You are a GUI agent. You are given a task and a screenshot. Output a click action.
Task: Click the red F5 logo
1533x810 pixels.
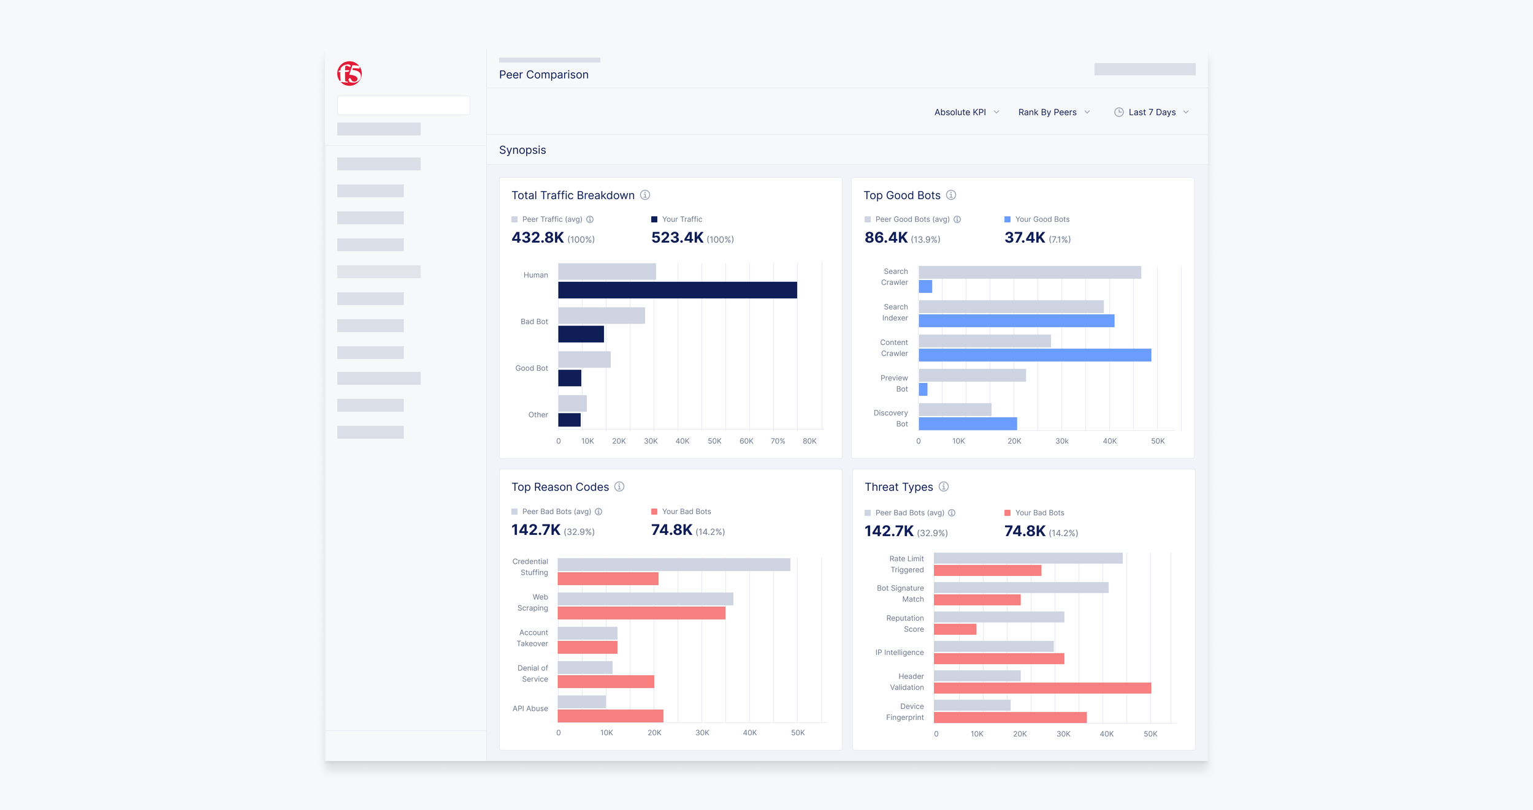pyautogui.click(x=350, y=74)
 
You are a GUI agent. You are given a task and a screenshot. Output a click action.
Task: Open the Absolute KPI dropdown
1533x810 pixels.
pyautogui.click(x=966, y=112)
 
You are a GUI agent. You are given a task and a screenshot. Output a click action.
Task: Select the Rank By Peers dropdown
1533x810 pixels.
pyautogui.click(x=1054, y=112)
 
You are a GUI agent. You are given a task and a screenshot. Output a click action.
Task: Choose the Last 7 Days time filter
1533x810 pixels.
pyautogui.click(x=1152, y=112)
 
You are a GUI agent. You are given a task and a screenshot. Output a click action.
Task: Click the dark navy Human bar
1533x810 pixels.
pyautogui.click(x=678, y=290)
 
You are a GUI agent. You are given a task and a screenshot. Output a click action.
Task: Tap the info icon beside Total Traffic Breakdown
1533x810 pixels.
pyautogui.click(x=645, y=195)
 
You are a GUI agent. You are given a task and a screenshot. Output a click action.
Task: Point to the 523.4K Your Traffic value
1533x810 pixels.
pyautogui.click(x=677, y=238)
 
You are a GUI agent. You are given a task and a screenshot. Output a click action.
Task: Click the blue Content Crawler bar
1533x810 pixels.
pyautogui.click(x=1035, y=355)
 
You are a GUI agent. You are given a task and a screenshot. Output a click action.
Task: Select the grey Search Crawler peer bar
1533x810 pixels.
pyautogui.click(x=1030, y=272)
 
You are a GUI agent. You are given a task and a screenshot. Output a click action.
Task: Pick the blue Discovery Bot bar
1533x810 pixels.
pyautogui.click(x=968, y=423)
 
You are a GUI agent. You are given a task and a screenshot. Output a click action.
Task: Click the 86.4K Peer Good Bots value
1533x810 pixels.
pyautogui.click(x=886, y=238)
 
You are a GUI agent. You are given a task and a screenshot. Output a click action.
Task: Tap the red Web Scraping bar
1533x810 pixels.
pyautogui.click(x=641, y=613)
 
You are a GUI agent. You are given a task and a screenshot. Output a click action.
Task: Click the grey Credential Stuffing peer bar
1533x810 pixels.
pyautogui.click(x=674, y=564)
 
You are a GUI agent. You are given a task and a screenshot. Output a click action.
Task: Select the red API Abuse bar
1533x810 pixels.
pyautogui.click(x=610, y=716)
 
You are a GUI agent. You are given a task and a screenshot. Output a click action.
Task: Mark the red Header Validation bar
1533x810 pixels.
pyautogui.click(x=1042, y=688)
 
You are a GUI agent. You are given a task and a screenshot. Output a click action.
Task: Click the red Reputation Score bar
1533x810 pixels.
pyautogui.click(x=955, y=629)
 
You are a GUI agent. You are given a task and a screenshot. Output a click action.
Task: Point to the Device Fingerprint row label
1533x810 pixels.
pyautogui.click(x=904, y=712)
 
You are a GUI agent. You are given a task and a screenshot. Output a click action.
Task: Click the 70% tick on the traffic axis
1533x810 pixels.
pyautogui.click(x=778, y=441)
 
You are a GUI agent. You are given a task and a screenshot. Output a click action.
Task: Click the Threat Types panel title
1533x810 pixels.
pyautogui.click(x=898, y=487)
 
